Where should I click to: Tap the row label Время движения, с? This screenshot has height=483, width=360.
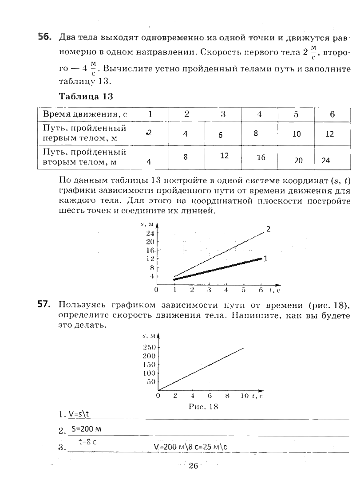84,114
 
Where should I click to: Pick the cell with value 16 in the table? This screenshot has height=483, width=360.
261,157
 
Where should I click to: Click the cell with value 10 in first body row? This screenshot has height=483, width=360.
296,134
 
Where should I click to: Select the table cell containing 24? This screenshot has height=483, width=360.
326,161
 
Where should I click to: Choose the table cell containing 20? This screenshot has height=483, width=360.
298,161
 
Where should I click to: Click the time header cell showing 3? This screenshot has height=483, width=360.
223,114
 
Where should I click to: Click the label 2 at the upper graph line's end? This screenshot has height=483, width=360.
268,229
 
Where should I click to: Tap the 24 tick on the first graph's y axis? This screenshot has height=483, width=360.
150,233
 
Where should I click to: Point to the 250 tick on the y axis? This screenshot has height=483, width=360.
149,348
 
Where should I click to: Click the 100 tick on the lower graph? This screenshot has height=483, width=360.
149,373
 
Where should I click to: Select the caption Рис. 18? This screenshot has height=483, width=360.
203,406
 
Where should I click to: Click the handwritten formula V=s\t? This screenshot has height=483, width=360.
79,414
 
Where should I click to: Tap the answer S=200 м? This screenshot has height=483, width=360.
86,429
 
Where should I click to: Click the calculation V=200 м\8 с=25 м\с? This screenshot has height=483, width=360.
191,447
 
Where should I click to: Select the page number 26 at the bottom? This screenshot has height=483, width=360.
193,465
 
